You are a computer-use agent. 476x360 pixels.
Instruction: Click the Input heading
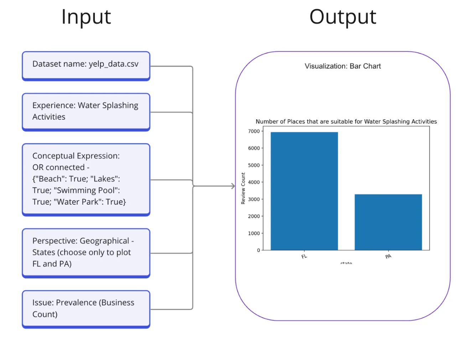point(86,17)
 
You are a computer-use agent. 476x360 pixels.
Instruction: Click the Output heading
point(342,17)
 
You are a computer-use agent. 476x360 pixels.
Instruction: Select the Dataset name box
point(86,66)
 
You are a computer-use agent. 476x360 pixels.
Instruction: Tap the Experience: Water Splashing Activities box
point(86,112)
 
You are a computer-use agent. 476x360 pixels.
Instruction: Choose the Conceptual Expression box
point(86,179)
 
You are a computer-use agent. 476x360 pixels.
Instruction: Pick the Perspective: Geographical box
point(86,253)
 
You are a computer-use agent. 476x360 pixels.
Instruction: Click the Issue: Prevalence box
point(86,309)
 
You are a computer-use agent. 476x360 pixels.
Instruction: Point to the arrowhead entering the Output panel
point(233,186)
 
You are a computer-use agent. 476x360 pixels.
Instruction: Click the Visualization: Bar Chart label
point(342,66)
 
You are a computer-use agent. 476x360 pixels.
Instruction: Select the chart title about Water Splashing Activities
point(346,122)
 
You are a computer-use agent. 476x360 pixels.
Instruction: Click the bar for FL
point(304,191)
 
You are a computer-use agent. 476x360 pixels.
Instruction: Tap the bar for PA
point(388,222)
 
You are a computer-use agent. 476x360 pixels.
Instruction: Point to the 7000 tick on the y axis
point(254,131)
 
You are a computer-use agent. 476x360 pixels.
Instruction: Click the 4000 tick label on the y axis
point(254,182)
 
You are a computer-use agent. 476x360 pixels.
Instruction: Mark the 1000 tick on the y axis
point(254,233)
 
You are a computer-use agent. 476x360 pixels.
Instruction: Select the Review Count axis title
point(243,188)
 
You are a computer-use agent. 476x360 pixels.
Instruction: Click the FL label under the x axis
point(304,256)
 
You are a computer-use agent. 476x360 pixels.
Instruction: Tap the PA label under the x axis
point(388,256)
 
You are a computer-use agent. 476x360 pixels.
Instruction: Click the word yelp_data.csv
point(113,64)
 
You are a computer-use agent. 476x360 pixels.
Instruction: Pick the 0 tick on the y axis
point(259,250)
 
